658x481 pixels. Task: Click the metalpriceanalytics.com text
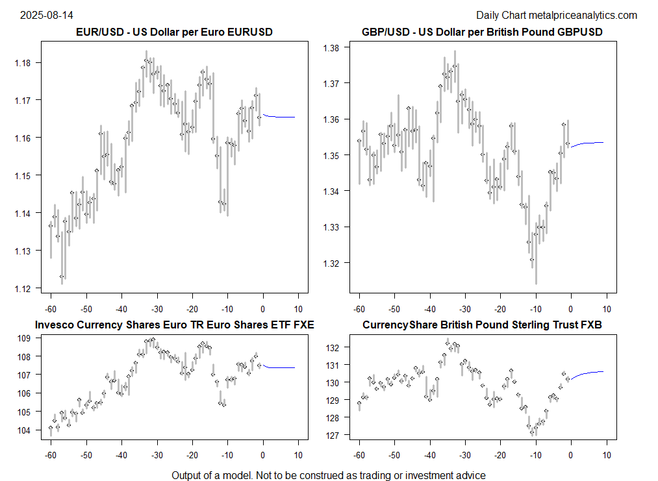pos(583,15)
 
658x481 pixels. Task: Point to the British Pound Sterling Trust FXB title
pos(482,325)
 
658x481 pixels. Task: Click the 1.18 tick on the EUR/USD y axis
pos(30,63)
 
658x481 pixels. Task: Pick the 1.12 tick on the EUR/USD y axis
pos(30,288)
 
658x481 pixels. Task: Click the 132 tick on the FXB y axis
pos(333,348)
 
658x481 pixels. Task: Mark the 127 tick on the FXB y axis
pos(333,435)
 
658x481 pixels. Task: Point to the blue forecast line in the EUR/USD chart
pos(280,117)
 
